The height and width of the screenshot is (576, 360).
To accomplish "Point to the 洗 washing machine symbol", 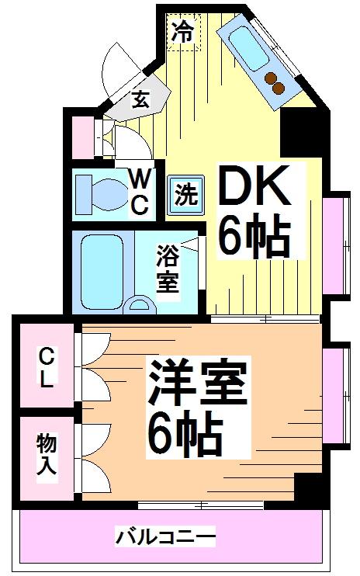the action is (x=185, y=194).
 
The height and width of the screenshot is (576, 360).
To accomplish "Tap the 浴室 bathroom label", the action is (x=168, y=269).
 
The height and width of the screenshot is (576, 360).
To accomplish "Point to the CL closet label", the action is (x=47, y=368).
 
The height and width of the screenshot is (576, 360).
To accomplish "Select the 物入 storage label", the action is (x=47, y=454).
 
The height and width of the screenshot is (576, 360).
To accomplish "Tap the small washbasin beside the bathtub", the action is (x=138, y=306).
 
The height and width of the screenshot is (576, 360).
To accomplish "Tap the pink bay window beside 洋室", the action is (x=336, y=396).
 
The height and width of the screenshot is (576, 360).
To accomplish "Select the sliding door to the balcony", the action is (x=200, y=505).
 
